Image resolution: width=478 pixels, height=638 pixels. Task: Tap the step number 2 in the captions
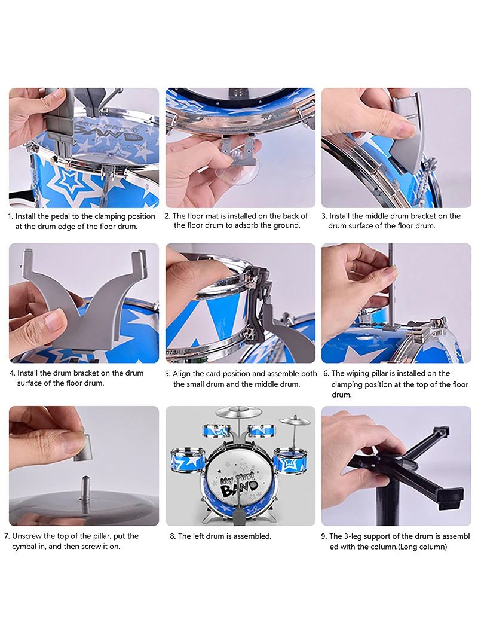coord(167,216)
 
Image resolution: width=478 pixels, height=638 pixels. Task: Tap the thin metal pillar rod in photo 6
coord(391,285)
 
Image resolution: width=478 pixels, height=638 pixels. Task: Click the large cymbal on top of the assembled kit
coord(238,413)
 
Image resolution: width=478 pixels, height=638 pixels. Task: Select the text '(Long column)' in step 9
coord(422,547)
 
